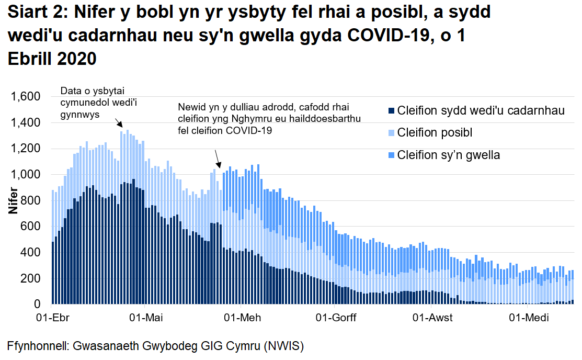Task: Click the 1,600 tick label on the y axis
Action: tap(25, 97)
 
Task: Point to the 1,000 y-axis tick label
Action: tap(25, 175)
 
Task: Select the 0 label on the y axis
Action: tap(37, 305)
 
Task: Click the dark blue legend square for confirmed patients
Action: tap(390, 111)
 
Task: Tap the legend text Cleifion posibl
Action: tap(435, 133)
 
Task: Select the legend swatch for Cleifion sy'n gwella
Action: tap(390, 155)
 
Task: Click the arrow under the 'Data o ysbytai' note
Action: tap(119, 123)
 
